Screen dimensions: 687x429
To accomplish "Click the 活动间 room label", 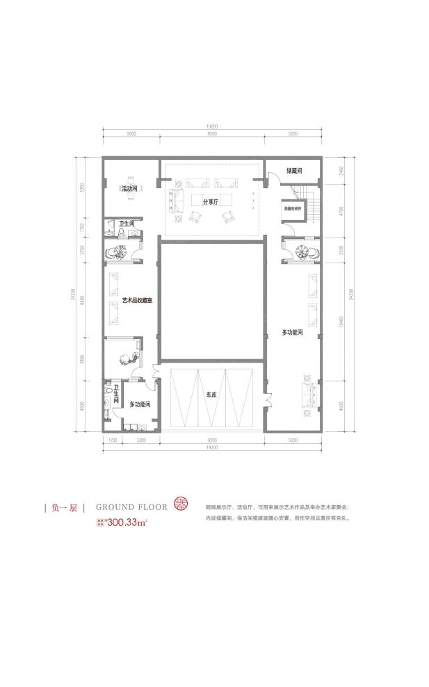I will (x=129, y=188).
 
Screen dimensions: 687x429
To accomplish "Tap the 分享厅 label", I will (x=211, y=202).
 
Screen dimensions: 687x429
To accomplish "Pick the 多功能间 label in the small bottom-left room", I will (x=140, y=404).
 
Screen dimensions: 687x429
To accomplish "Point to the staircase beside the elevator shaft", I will (x=311, y=206).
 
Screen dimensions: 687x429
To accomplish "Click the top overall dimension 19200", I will (x=211, y=126).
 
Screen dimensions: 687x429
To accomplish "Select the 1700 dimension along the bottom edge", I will (x=110, y=440).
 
